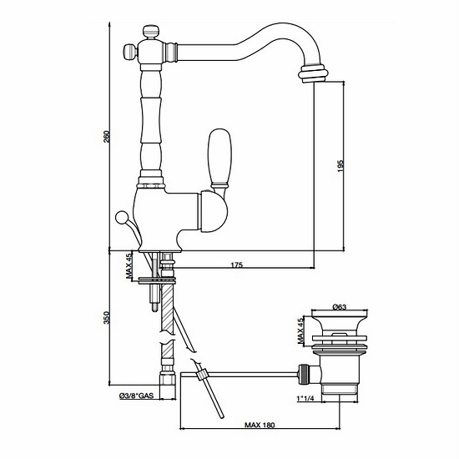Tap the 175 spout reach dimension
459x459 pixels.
235,265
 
